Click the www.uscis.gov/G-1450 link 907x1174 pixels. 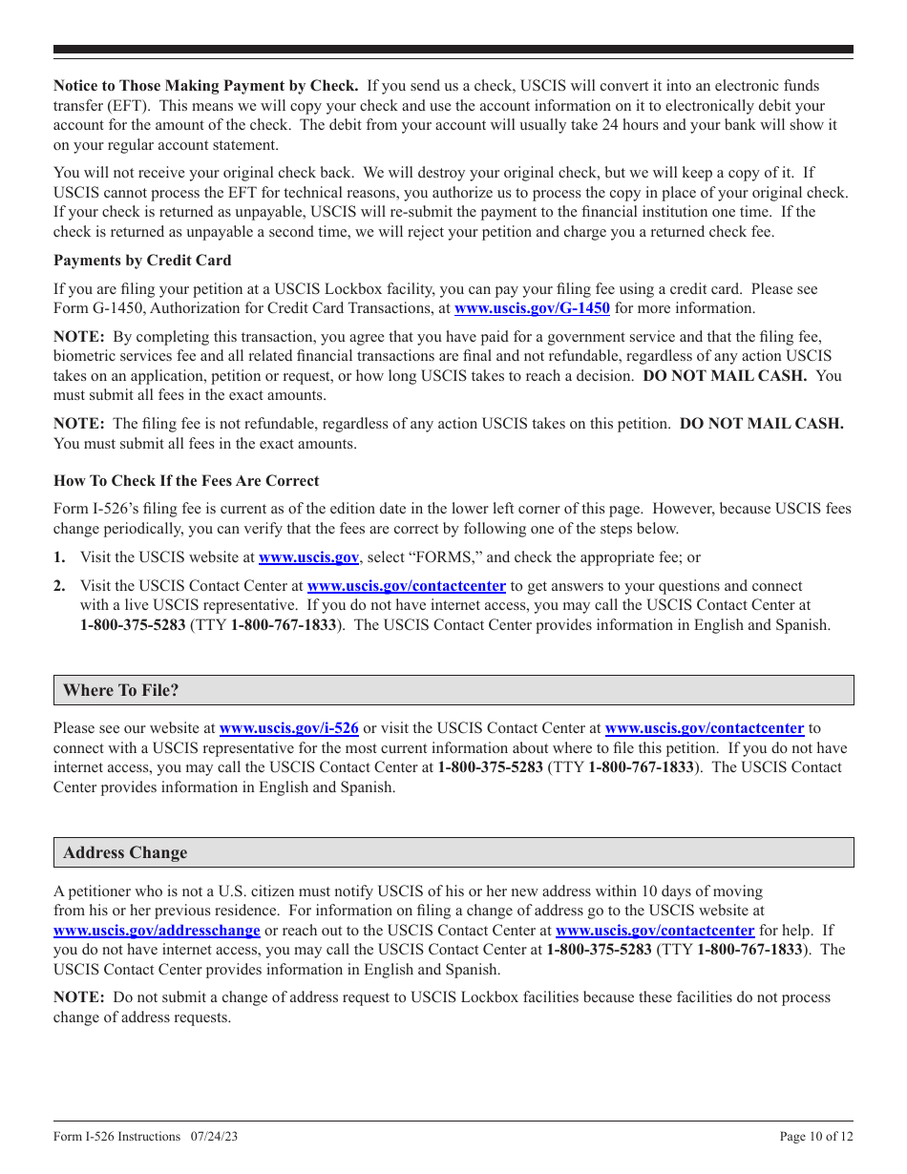pos(532,308)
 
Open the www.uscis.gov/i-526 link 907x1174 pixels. pos(288,728)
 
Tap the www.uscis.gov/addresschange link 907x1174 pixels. pos(157,931)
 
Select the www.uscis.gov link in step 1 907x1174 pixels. pos(308,557)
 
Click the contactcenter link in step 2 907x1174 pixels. pos(406,586)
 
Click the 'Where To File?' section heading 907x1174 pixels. pos(121,690)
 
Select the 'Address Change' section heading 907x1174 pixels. pos(125,853)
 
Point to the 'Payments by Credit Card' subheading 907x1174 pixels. pos(142,261)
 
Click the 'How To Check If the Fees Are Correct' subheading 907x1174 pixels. pos(186,481)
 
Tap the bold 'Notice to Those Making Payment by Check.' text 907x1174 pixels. pos(206,87)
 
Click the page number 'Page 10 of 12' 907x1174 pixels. pos(816,1136)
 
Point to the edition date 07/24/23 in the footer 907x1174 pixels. pos(212,1136)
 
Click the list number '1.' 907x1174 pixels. pos(59,557)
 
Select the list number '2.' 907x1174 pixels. pos(59,586)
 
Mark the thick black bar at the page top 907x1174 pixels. pos(453,50)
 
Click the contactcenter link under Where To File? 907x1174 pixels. pos(705,728)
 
